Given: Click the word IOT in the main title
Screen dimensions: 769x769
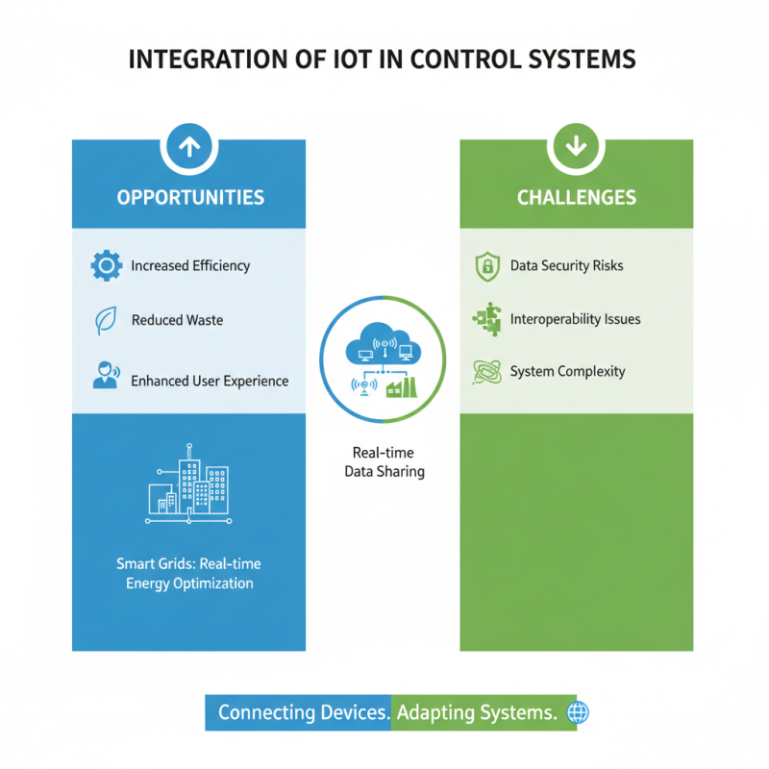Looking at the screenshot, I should (x=346, y=59).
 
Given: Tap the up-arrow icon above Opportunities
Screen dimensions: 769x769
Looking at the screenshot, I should (x=189, y=146).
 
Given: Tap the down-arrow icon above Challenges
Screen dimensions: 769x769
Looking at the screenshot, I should (x=576, y=146).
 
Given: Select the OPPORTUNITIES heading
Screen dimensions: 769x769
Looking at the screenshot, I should (x=189, y=198).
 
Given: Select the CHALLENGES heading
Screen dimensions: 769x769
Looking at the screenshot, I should (x=576, y=198).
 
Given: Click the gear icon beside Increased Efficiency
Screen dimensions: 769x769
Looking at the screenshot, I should (x=106, y=265).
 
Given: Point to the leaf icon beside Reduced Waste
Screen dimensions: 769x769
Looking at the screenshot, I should (x=106, y=321).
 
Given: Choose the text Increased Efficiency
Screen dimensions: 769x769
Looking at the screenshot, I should (x=190, y=266).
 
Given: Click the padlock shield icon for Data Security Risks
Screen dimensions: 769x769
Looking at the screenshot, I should (x=487, y=266).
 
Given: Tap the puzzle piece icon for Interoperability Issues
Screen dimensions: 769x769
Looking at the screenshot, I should (x=487, y=319).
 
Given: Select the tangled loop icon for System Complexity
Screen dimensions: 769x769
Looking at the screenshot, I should (x=487, y=372).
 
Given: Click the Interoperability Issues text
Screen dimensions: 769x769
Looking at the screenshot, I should (x=575, y=319).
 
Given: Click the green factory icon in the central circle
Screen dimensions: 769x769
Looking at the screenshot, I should (x=401, y=386).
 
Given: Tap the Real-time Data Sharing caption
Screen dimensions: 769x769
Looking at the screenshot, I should (x=384, y=462).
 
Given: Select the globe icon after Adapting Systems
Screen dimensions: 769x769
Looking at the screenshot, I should (x=579, y=713).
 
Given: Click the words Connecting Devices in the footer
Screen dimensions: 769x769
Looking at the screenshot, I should (x=304, y=713).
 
